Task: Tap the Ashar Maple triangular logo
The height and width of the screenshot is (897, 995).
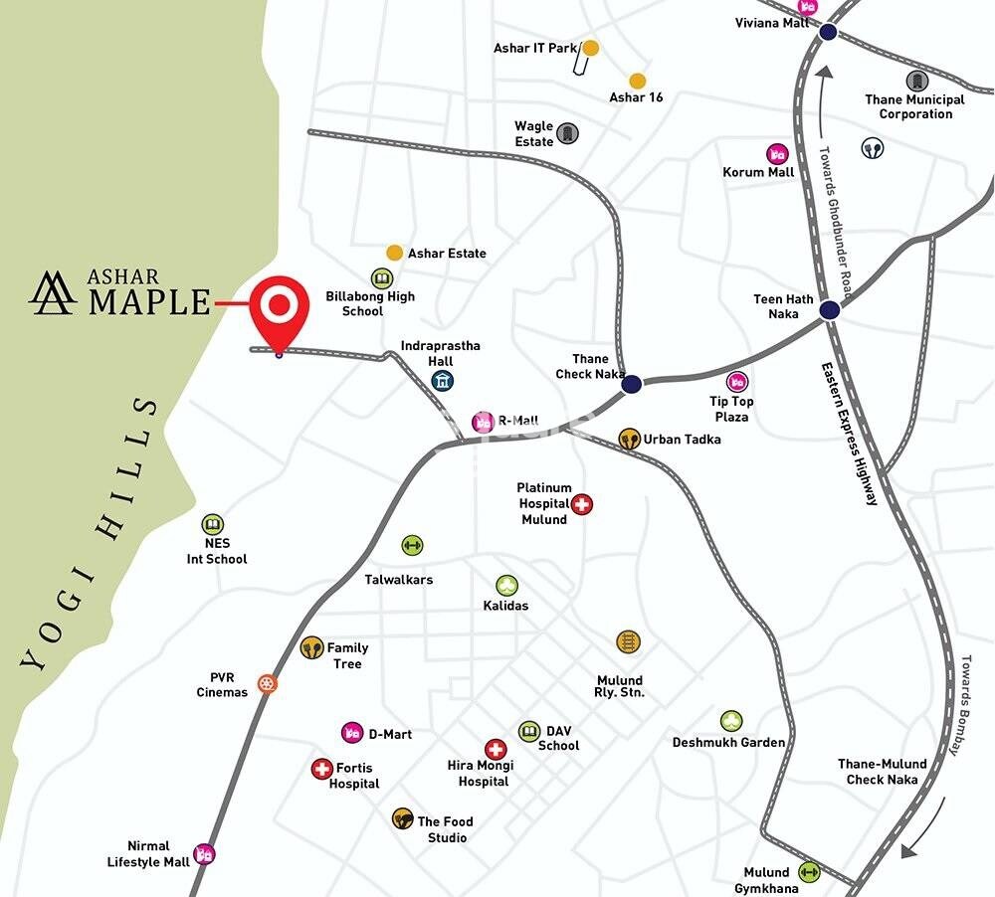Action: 53,291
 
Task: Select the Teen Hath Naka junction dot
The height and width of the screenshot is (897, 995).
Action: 830,310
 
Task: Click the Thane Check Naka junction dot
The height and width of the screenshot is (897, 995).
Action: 631,384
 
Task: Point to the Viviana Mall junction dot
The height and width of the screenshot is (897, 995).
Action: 828,33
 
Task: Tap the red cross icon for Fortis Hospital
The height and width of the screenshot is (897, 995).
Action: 321,769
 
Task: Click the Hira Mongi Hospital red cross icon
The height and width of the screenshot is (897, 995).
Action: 496,749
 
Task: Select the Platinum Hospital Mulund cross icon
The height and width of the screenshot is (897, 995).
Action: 583,504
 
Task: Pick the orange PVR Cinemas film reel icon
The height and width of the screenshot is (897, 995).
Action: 267,683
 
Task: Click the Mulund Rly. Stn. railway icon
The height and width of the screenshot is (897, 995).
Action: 627,641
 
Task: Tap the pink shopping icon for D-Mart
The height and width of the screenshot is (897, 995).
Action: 352,733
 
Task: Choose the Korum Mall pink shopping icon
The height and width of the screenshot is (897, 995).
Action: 777,154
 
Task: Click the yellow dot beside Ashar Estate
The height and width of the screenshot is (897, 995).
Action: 395,253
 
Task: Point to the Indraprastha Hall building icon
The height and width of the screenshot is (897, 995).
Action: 443,381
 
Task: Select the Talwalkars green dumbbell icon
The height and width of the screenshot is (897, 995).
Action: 412,545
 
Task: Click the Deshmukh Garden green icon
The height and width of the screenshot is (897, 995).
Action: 731,721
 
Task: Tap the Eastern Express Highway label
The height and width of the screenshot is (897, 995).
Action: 850,433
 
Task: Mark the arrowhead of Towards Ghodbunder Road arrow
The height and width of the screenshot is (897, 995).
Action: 822,72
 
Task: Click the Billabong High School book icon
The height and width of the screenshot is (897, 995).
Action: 382,278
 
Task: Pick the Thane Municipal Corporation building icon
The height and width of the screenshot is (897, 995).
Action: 915,80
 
